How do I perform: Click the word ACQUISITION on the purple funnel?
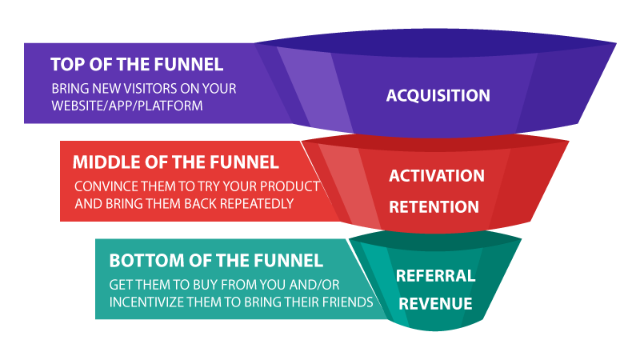click(x=438, y=96)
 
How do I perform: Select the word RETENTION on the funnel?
click(x=434, y=207)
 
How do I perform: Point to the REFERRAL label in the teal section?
click(x=435, y=276)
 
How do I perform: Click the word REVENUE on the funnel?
click(x=435, y=304)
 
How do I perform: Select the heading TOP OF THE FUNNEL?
click(x=137, y=64)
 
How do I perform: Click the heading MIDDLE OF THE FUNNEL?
click(x=176, y=162)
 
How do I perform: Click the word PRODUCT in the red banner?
click(x=294, y=186)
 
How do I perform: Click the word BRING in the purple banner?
click(x=71, y=88)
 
